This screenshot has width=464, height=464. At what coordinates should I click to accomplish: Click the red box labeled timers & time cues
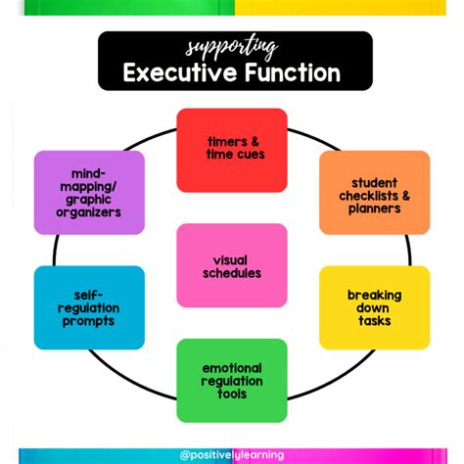click(232, 149)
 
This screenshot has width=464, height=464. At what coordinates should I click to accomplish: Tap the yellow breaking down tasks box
click(374, 307)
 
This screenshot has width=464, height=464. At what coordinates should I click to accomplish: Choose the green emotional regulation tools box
click(232, 381)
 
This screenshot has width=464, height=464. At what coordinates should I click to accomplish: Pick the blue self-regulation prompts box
click(89, 307)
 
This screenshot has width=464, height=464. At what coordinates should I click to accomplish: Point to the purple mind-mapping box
click(89, 192)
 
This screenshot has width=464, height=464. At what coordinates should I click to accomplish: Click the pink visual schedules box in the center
click(232, 266)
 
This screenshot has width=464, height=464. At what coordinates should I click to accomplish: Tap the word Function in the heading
click(291, 72)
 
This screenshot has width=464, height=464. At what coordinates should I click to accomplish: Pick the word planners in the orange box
click(374, 208)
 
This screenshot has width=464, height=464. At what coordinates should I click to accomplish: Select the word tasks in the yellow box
click(374, 320)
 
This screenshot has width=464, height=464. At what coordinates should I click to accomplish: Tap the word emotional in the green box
click(232, 368)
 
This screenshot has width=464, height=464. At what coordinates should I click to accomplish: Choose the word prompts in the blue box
click(89, 321)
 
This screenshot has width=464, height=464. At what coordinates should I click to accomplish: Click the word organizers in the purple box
click(89, 212)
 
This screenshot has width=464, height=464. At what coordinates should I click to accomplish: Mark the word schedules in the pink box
click(232, 273)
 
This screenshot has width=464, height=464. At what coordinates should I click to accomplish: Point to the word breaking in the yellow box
click(374, 295)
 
